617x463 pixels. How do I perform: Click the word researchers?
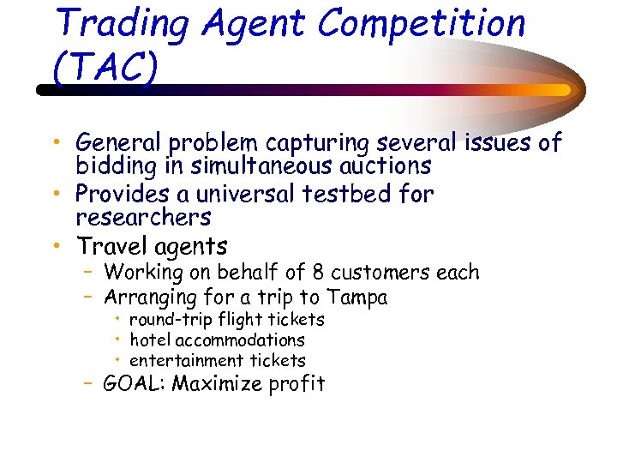click(143, 217)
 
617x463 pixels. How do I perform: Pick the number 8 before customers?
click(319, 274)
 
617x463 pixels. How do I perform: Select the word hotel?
click(150, 340)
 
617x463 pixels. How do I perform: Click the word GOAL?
click(134, 384)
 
